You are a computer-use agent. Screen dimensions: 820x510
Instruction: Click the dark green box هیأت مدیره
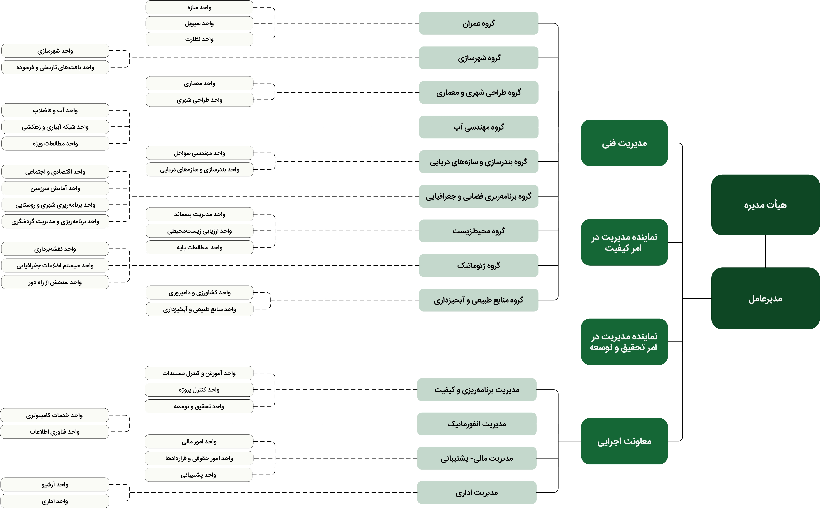pyautogui.click(x=765, y=205)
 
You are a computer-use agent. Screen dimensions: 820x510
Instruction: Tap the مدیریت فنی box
pyautogui.click(x=624, y=143)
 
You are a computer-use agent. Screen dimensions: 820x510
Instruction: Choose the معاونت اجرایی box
pyautogui.click(x=624, y=441)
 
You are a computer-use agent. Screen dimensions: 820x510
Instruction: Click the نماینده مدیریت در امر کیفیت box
pyautogui.click(x=624, y=242)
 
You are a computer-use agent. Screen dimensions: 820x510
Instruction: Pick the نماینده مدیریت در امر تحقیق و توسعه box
pyautogui.click(x=624, y=342)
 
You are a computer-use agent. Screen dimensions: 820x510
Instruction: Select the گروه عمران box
pyautogui.click(x=479, y=23)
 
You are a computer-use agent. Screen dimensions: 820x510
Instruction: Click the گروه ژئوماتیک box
pyautogui.click(x=479, y=265)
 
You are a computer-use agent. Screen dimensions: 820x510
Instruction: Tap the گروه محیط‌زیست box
pyautogui.click(x=479, y=231)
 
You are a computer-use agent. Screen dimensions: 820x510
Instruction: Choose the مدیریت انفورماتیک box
pyautogui.click(x=477, y=424)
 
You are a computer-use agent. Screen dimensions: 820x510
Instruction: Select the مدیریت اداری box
pyautogui.click(x=477, y=493)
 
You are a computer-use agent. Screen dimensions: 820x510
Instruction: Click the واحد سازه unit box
pyautogui.click(x=199, y=7)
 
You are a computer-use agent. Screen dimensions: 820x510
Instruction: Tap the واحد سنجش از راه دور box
pyautogui.click(x=55, y=282)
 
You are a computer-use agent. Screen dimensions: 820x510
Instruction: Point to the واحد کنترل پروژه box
pyautogui.click(x=199, y=390)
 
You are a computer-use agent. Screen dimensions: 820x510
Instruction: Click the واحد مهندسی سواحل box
pyautogui.click(x=199, y=153)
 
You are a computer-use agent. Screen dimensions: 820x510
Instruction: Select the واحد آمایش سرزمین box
pyautogui.click(x=55, y=188)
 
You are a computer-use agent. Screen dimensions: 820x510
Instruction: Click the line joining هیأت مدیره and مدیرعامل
pyautogui.click(x=765, y=251)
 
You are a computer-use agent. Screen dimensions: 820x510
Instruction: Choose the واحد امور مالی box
pyautogui.click(x=199, y=441)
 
